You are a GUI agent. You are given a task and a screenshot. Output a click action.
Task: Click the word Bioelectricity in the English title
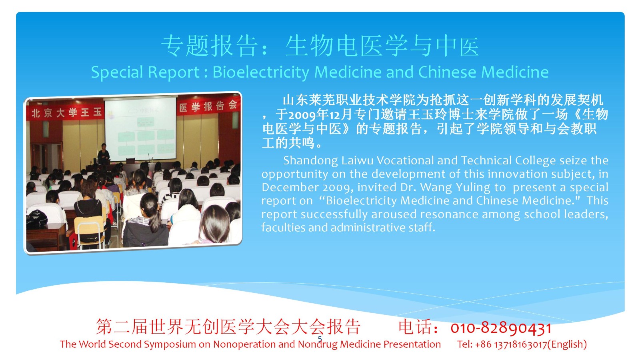tap(261, 72)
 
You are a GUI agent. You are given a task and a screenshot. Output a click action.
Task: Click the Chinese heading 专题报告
tap(210, 46)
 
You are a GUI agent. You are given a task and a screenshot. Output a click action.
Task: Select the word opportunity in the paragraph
tap(294, 174)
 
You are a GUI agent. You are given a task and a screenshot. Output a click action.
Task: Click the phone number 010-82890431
tap(501, 328)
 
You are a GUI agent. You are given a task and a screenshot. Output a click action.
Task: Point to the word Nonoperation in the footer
tap(244, 344)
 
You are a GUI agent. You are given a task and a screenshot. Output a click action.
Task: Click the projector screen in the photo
tap(140, 128)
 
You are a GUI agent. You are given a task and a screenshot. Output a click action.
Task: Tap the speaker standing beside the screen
tap(104, 154)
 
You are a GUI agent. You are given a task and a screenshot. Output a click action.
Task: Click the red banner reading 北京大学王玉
tap(66, 112)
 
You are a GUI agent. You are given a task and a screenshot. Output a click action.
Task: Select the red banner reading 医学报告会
tap(208, 106)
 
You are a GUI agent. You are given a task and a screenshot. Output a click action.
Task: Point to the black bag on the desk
tap(36, 220)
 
